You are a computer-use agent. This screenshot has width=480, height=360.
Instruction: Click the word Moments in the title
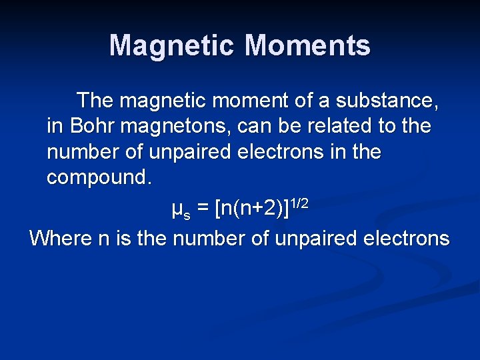click(x=307, y=46)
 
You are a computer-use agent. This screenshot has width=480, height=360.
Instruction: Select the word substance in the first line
click(x=387, y=101)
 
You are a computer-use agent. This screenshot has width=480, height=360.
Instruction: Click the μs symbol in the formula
click(x=177, y=212)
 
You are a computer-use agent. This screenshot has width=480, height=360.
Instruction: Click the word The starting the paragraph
click(x=95, y=101)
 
